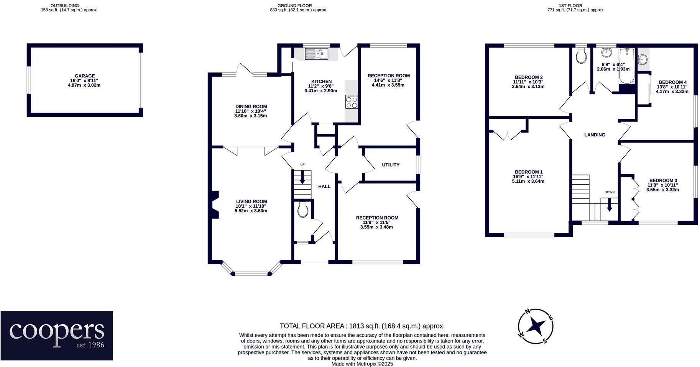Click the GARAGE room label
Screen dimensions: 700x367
coord(84,76)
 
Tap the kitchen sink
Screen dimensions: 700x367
coord(317,54)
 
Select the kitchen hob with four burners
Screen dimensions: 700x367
coord(352,102)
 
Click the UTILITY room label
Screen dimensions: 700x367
coord(391,165)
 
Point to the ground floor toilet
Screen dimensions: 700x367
coord(302,210)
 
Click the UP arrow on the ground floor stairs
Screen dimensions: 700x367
coord(302,177)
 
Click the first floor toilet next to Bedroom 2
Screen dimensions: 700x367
coord(581,57)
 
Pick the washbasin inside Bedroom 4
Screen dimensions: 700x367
coord(643,60)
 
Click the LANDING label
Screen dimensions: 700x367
coord(595,135)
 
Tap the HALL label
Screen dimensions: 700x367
coord(324,187)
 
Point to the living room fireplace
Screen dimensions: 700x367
coord(216,205)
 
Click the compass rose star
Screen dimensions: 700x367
coord(536,326)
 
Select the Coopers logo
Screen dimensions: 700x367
coord(57,336)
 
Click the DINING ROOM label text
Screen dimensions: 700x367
coord(251,106)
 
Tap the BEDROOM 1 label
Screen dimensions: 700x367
coord(529,172)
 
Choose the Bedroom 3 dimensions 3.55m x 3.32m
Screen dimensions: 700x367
coord(662,190)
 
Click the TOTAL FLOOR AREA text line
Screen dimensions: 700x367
coord(362,326)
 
